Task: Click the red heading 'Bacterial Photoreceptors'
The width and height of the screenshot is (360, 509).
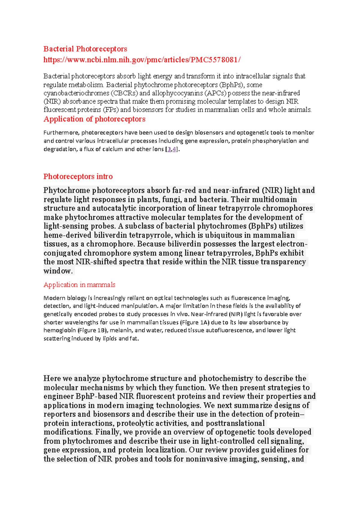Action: [85, 49]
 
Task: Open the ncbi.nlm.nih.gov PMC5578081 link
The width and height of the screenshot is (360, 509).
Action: [142, 60]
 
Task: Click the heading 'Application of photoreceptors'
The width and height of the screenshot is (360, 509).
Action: [94, 119]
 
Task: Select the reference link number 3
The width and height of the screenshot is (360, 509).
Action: [169, 149]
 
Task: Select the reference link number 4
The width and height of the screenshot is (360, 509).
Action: [174, 149]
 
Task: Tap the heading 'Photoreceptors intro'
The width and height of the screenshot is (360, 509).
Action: [78, 176]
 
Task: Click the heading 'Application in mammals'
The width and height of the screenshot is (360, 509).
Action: [79, 284]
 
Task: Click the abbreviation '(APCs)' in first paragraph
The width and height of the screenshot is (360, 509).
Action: [215, 93]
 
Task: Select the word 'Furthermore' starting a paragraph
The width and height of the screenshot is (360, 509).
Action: [61, 132]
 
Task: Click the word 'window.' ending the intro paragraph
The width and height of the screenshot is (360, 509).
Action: [58, 271]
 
